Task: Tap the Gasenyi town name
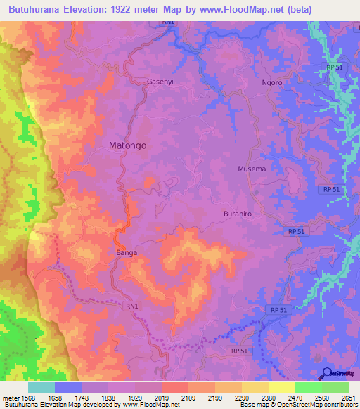[160, 82]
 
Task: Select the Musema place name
[252, 169]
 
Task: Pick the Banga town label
[126, 252]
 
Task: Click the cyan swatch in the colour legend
[41, 387]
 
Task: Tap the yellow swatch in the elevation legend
[281, 387]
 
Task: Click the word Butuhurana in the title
[43, 9]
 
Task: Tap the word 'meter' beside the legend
[11, 397]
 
